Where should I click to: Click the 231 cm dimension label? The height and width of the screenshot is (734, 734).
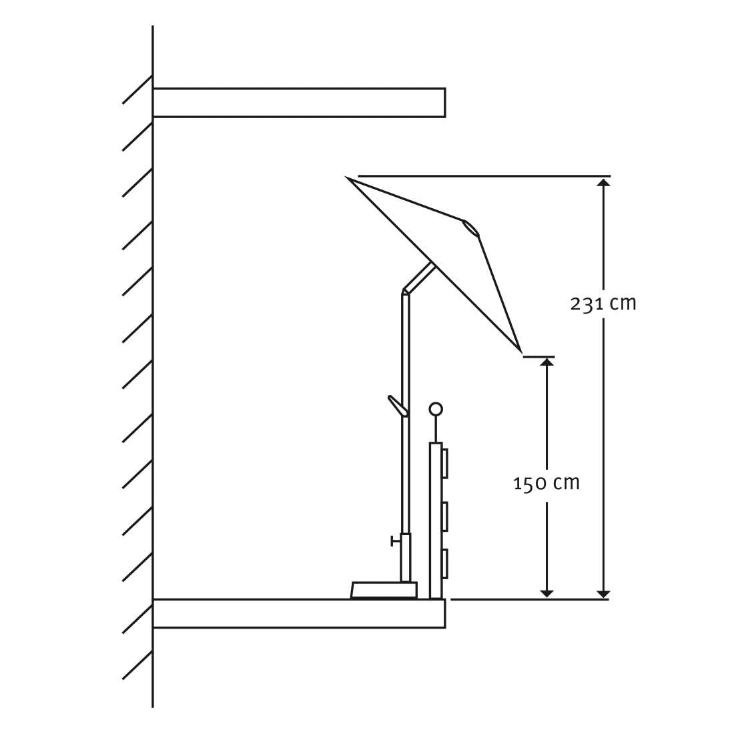(603, 304)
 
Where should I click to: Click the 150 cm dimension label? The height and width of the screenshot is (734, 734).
(546, 482)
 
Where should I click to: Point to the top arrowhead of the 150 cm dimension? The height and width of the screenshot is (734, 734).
(546, 362)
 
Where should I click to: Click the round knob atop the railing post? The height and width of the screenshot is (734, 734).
(436, 409)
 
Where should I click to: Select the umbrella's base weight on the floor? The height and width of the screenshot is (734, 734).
(384, 590)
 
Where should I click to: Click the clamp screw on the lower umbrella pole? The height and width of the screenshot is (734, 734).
(396, 542)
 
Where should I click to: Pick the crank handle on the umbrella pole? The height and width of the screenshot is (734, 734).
(398, 406)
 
